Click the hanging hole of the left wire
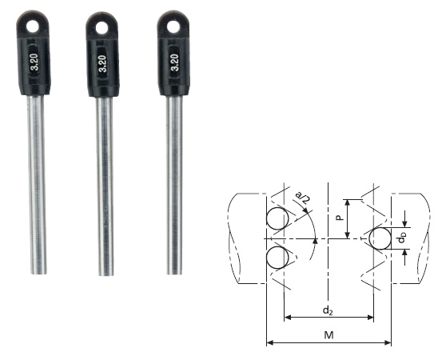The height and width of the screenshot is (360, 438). (x=32, y=26)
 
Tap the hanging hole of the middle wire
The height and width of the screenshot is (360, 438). (x=101, y=28)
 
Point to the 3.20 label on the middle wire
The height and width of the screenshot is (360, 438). (x=102, y=63)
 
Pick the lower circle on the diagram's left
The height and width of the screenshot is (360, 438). (x=277, y=258)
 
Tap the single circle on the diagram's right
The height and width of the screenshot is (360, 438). (x=379, y=238)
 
